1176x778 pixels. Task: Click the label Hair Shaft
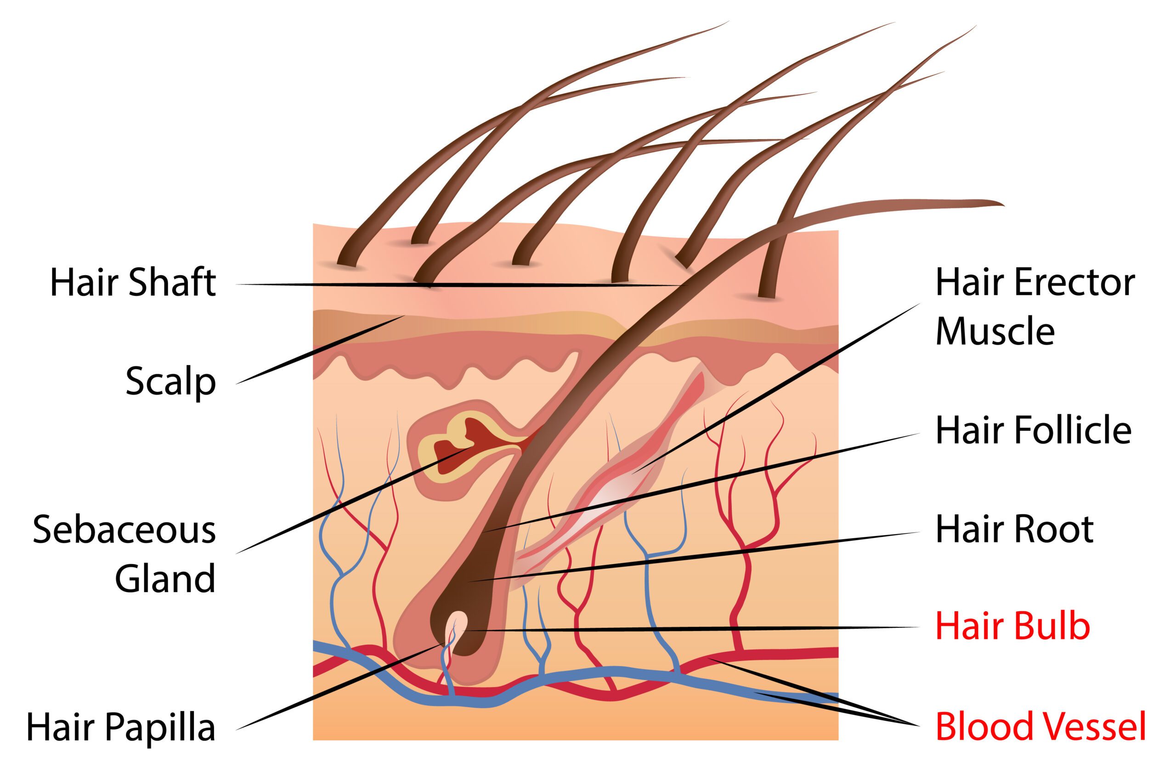click(x=133, y=283)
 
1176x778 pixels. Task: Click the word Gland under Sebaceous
click(x=165, y=579)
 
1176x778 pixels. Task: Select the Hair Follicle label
click(x=1034, y=430)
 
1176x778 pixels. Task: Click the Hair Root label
click(x=1015, y=530)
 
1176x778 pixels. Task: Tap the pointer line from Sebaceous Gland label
click(x=354, y=499)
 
